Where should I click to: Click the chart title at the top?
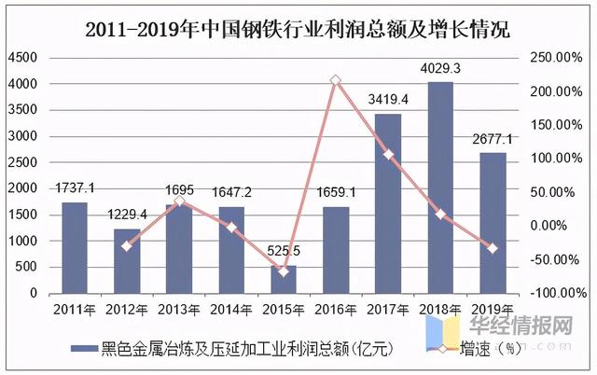click(x=298, y=29)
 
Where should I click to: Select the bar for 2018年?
click(x=440, y=187)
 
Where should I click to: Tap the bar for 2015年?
click(x=284, y=279)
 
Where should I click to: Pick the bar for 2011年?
click(x=75, y=247)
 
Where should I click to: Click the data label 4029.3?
click(x=439, y=70)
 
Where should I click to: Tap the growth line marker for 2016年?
click(x=336, y=81)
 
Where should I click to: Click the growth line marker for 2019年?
click(x=493, y=248)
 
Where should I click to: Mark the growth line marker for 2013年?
click(x=179, y=201)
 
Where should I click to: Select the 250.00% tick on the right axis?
click(x=554, y=58)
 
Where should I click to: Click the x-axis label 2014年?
click(x=231, y=310)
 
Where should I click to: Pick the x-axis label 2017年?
click(x=388, y=310)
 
